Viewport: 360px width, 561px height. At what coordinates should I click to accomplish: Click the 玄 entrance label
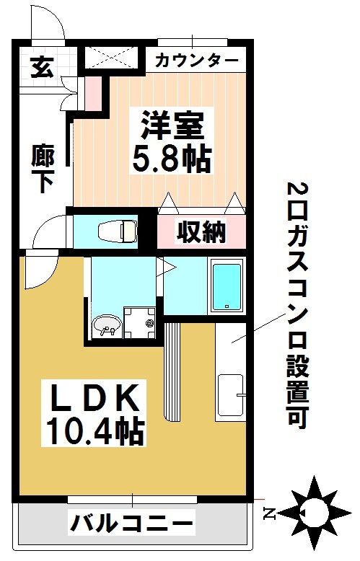coord(43,67)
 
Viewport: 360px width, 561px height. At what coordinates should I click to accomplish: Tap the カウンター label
coord(196,60)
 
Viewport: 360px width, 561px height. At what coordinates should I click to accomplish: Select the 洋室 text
coord(173,125)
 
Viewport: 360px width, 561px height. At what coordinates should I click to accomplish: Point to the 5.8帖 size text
coord(172,158)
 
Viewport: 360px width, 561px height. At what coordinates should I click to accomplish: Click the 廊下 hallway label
coord(43,168)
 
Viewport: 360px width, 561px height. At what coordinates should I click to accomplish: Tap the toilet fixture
coord(118,231)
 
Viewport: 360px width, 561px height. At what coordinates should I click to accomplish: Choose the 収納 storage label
coord(201,232)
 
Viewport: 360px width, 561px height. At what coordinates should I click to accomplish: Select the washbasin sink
coord(107,326)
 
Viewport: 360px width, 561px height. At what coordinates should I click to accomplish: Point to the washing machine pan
coord(139,322)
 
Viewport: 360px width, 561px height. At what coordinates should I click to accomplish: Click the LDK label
coord(95,397)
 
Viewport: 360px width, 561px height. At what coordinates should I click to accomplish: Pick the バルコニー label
coord(132,524)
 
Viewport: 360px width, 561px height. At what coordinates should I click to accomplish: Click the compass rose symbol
coord(315,513)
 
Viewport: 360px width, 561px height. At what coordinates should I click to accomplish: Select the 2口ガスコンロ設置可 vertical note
coord(297,306)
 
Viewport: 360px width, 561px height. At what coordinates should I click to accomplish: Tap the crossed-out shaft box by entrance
coord(110,56)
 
